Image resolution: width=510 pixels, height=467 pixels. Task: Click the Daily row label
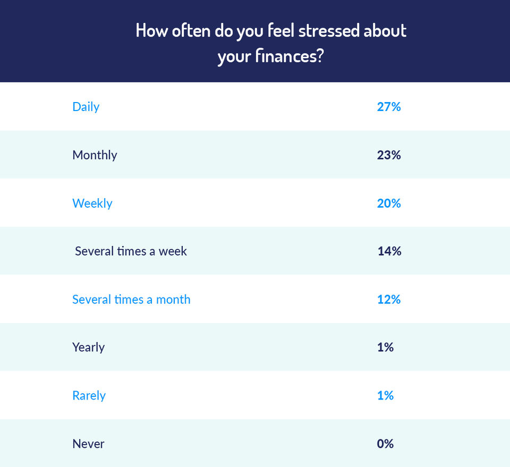click(86, 107)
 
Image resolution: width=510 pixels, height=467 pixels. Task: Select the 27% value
click(388, 107)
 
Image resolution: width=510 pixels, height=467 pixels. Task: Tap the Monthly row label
click(95, 155)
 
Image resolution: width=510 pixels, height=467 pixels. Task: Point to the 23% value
click(388, 155)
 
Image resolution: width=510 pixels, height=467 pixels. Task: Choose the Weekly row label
click(92, 203)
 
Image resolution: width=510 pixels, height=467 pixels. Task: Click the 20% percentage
click(388, 203)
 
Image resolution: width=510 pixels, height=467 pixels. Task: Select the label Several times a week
click(131, 251)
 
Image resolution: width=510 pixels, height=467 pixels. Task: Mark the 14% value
click(389, 251)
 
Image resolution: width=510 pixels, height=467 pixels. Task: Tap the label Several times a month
click(131, 300)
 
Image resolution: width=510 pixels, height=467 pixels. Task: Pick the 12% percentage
click(388, 300)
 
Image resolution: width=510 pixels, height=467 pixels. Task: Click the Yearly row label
click(88, 347)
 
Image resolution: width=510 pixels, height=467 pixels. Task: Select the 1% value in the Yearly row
click(385, 347)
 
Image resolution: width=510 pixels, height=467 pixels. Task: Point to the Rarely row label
click(89, 396)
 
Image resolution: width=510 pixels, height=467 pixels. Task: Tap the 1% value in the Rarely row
click(385, 396)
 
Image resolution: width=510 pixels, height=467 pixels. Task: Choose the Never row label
click(88, 444)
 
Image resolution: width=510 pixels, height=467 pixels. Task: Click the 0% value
click(385, 444)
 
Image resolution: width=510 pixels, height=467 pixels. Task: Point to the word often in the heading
click(190, 30)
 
